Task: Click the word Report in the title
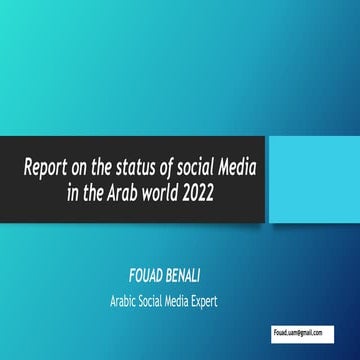click(49, 164)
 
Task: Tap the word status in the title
click(149, 164)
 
